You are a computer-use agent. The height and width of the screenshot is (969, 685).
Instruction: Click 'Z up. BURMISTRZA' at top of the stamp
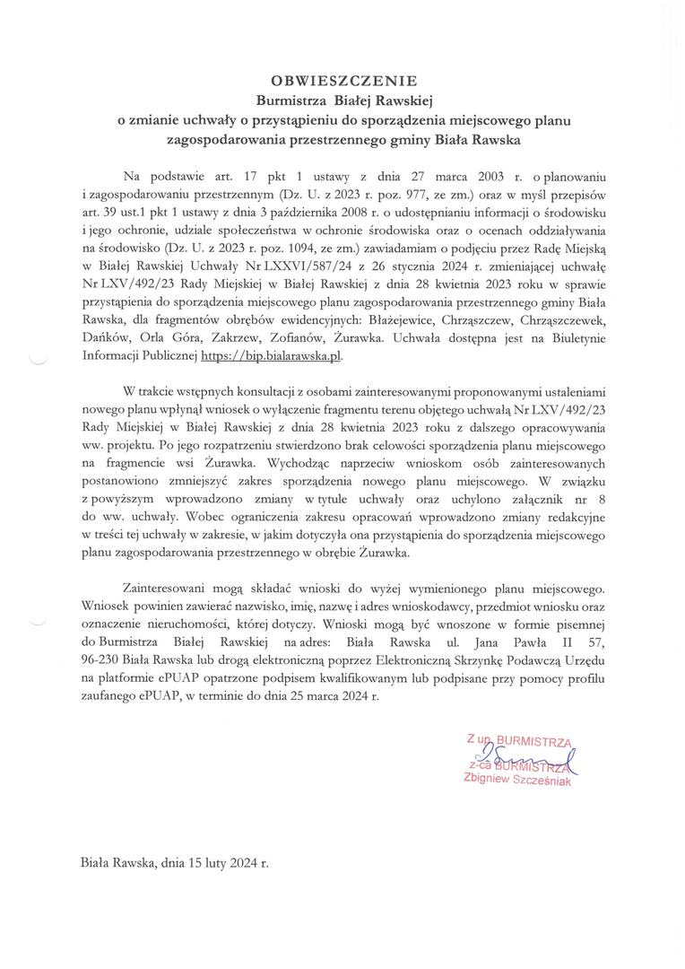518,741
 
